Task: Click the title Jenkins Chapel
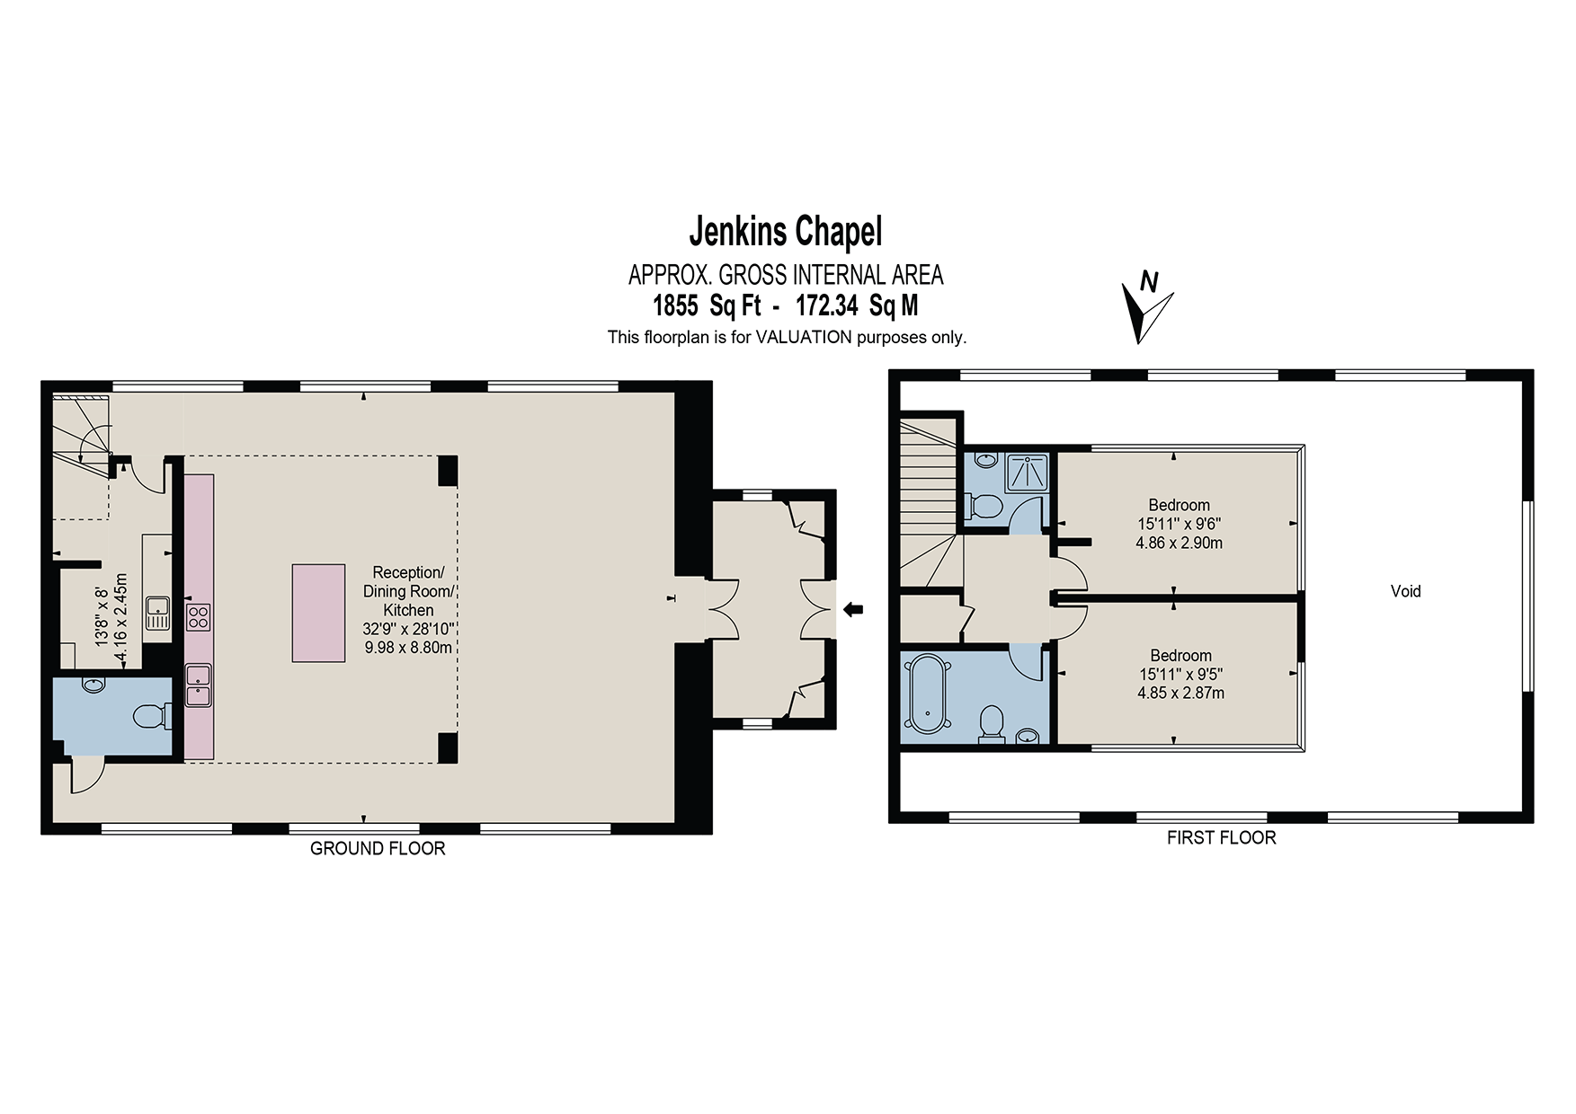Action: pyautogui.click(x=786, y=232)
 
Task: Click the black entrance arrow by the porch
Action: pyautogui.click(x=853, y=610)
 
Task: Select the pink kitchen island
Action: pyautogui.click(x=318, y=613)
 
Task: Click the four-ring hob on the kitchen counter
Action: pyautogui.click(x=199, y=616)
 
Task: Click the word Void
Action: pyautogui.click(x=1405, y=591)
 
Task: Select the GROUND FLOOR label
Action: pyautogui.click(x=378, y=849)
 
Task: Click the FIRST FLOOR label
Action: pyautogui.click(x=1221, y=838)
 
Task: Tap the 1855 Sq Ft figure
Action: pyautogui.click(x=707, y=306)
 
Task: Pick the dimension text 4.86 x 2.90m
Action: pyautogui.click(x=1180, y=543)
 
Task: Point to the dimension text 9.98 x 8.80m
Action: pyautogui.click(x=408, y=647)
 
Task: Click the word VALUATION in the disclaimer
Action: pyautogui.click(x=803, y=338)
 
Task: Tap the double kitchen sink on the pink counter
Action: pyautogui.click(x=199, y=685)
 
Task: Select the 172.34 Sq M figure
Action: pyautogui.click(x=857, y=306)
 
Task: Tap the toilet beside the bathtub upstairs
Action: pyautogui.click(x=991, y=723)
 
